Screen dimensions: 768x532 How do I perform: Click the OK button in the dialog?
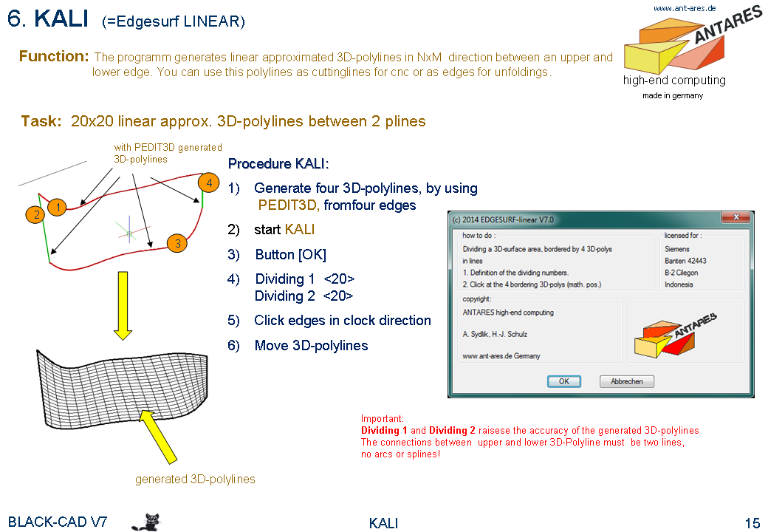[563, 381]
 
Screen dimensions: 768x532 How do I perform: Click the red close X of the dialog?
[736, 216]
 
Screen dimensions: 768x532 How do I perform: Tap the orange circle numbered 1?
[58, 208]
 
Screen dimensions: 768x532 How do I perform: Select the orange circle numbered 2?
[35, 214]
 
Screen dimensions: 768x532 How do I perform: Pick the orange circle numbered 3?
[176, 243]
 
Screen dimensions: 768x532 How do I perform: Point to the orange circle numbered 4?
[209, 183]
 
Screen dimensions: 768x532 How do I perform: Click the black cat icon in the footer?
[146, 522]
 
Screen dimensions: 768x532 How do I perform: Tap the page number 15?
[752, 522]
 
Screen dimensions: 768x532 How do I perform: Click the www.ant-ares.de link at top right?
[685, 8]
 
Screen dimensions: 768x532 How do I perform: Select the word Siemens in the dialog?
[677, 249]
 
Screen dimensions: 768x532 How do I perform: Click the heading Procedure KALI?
[278, 163]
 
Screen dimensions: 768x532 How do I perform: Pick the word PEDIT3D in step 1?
[287, 205]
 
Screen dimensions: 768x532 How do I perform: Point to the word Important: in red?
[382, 418]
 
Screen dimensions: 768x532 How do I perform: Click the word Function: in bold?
[54, 56]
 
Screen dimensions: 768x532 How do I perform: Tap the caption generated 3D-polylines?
[195, 479]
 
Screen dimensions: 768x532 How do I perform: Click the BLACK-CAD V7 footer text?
[58, 522]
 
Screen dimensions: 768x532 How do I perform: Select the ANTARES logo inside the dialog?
[675, 334]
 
